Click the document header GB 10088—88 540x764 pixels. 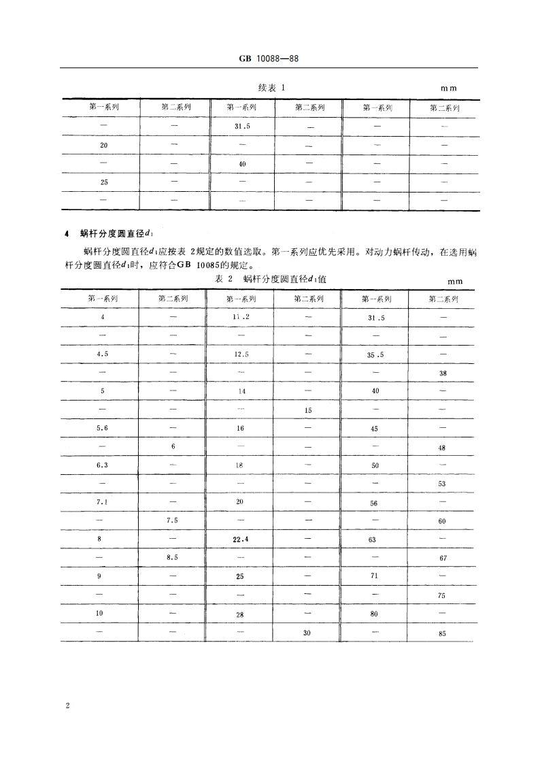(269, 59)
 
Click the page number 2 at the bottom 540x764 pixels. (67, 705)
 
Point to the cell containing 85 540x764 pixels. (443, 635)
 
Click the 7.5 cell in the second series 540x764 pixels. (172, 520)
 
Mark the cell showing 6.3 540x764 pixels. (103, 465)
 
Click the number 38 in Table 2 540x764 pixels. (443, 374)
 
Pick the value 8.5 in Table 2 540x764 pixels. (172, 558)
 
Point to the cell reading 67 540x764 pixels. (443, 559)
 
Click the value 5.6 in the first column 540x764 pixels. (103, 428)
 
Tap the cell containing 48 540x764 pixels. (443, 448)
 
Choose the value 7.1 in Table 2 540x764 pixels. (103, 501)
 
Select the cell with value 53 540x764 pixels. (443, 484)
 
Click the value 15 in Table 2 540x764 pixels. (308, 410)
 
